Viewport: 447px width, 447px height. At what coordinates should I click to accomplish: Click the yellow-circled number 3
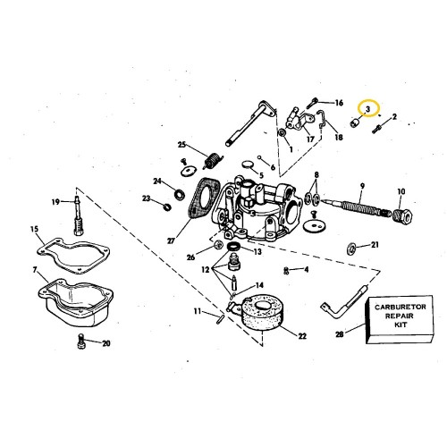[x=367, y=109]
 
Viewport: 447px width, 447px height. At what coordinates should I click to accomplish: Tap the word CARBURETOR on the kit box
[x=401, y=307]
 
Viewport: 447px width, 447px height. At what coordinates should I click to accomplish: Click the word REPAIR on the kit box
[x=400, y=316]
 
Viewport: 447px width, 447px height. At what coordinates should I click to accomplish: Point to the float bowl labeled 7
[x=76, y=301]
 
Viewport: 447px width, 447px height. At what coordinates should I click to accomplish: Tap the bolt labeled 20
[x=81, y=342]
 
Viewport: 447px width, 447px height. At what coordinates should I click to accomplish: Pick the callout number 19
[x=55, y=202]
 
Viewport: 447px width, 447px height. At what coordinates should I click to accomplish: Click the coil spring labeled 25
[x=212, y=160]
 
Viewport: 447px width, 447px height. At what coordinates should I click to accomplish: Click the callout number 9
[x=362, y=186]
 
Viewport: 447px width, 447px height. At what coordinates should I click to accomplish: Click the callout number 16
[x=339, y=103]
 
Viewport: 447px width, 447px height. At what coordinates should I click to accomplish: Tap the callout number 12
[x=206, y=270]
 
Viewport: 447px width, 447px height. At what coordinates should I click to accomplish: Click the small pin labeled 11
[x=220, y=320]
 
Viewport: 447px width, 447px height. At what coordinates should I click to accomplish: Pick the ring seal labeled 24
[x=179, y=194]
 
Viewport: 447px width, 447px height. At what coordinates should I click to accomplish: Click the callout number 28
[x=340, y=334]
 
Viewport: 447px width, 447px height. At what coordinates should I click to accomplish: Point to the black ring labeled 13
[x=233, y=247]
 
